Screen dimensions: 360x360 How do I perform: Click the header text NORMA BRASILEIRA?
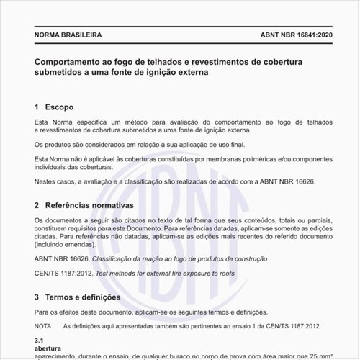coord(68,35)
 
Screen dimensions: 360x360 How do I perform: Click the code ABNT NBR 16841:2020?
coord(291,35)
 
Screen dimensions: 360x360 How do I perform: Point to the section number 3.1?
coord(40,339)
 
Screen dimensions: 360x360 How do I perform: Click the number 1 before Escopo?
coord(37,107)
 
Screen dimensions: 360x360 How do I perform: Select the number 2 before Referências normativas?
coord(37,205)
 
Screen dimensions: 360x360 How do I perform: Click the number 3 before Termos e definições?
coord(37,297)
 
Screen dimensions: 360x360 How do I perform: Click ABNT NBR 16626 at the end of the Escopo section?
coord(294,182)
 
